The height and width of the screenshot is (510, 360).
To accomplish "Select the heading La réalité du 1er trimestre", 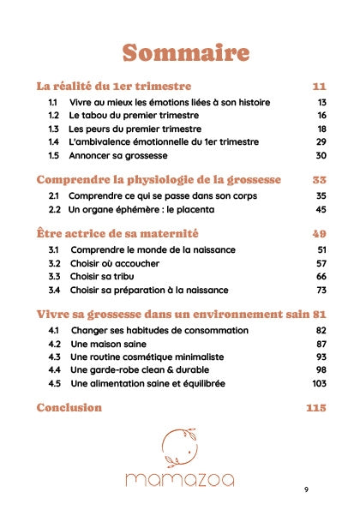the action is click(113, 87).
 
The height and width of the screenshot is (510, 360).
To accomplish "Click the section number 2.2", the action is click(54, 209).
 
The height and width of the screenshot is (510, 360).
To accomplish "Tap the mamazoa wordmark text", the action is click(179, 479).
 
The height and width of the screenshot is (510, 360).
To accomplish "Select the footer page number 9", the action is click(306, 489).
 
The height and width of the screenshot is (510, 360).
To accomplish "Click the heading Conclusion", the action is click(69, 408).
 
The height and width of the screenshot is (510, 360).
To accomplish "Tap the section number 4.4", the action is click(54, 369).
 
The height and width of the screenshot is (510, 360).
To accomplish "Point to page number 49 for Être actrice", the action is click(319, 233).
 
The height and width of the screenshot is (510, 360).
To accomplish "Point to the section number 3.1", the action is click(54, 249).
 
